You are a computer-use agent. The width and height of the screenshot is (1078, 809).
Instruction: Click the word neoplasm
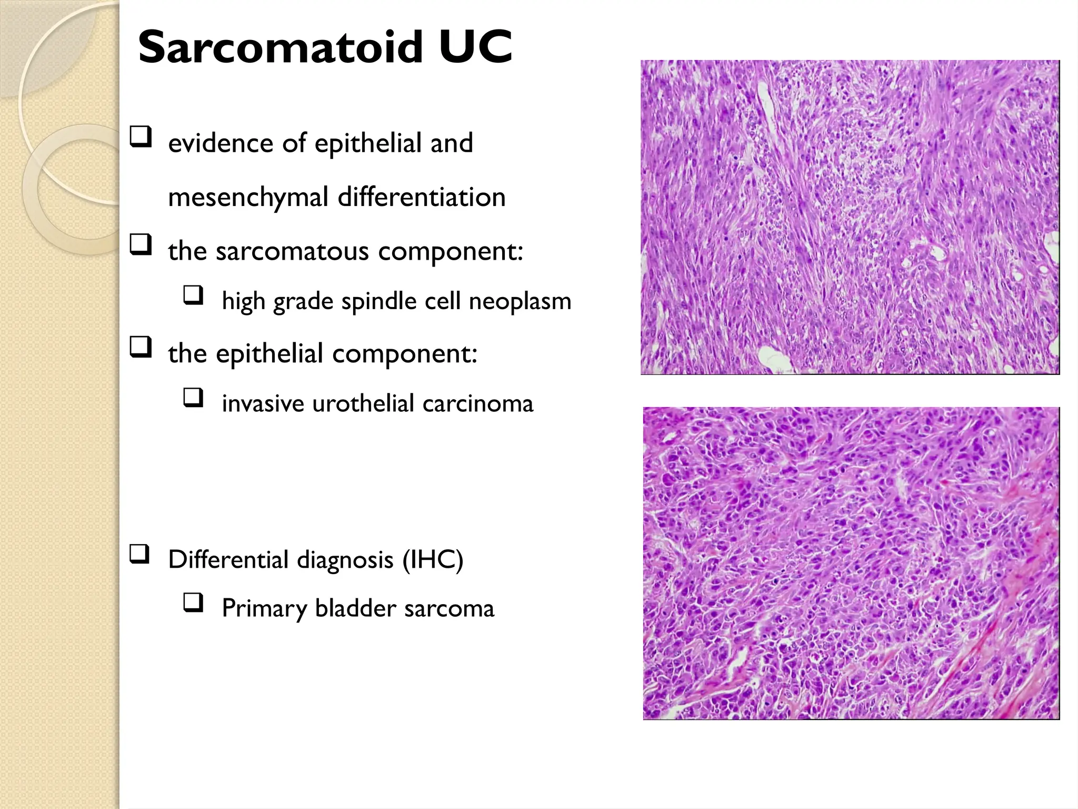[x=520, y=302]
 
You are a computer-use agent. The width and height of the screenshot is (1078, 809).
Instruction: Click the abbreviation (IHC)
[x=433, y=559]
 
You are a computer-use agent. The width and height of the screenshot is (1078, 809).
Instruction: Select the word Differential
[x=228, y=559]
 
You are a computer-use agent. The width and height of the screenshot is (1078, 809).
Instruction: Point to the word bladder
[x=355, y=608]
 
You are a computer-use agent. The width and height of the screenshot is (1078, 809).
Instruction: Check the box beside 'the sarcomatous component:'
[x=141, y=245]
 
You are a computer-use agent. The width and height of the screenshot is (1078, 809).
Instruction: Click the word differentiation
[x=421, y=198]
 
